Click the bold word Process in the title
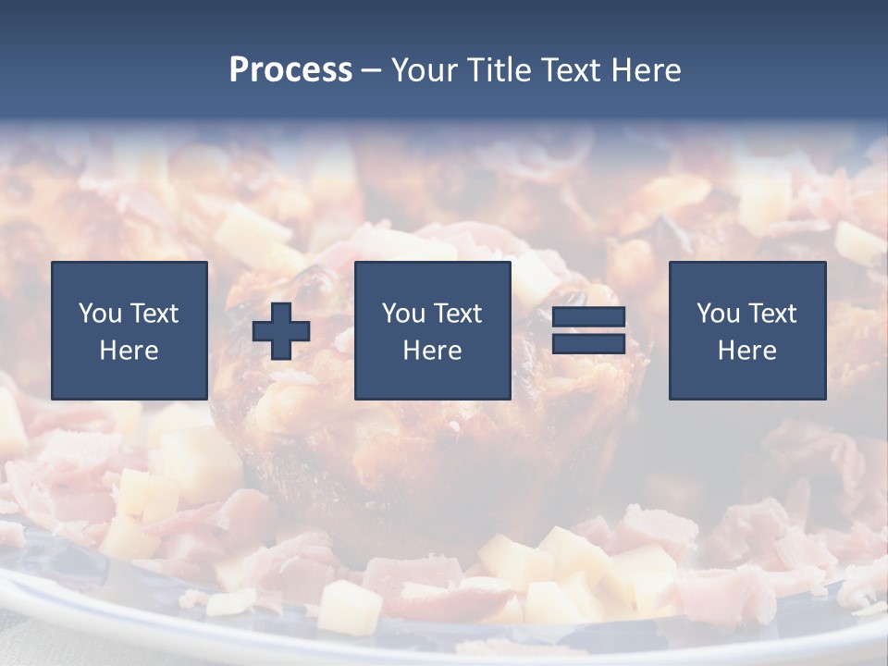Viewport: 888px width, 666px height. point(290,70)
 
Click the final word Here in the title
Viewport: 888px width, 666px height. point(647,70)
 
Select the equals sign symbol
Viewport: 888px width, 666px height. point(588,330)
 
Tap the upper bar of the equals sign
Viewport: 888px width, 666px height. point(588,317)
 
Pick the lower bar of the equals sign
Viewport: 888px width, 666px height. point(588,343)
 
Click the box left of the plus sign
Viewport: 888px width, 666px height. point(129,330)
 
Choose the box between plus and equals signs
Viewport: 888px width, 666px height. point(432,330)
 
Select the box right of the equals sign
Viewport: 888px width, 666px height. point(746,330)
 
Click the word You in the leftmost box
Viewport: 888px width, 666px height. point(100,314)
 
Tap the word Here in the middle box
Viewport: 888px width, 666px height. point(432,351)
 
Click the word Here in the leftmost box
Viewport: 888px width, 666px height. point(129,351)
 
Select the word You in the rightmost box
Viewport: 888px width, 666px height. point(718,314)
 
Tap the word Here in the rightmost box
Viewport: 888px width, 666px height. point(746,351)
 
